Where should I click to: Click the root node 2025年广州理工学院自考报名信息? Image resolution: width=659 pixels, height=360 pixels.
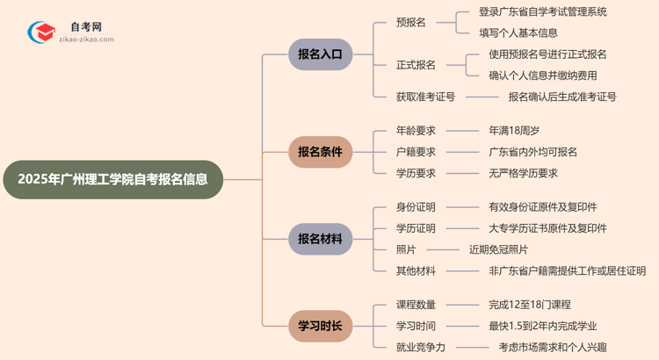(112, 180)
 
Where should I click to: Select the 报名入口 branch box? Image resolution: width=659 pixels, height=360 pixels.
(321, 54)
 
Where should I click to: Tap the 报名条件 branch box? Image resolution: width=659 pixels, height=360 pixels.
(321, 151)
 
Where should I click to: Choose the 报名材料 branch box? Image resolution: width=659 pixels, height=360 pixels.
(321, 239)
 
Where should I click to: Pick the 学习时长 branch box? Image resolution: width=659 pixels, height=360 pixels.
(321, 327)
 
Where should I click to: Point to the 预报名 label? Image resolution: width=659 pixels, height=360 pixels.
(411, 23)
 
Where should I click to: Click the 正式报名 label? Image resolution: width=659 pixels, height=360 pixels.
(416, 65)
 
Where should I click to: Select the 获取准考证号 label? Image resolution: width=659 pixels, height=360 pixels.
(426, 97)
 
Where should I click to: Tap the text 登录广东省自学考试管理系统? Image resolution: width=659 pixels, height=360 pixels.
(543, 12)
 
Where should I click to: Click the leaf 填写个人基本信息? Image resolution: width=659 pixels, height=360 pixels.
(518, 33)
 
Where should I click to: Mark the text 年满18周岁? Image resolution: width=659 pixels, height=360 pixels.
(515, 131)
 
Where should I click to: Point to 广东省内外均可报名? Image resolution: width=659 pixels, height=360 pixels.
(533, 152)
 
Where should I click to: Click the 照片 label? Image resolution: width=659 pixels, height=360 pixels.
(406, 249)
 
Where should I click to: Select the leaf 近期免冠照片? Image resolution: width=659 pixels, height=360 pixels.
(498, 249)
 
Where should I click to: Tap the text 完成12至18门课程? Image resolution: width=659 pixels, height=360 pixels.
(530, 305)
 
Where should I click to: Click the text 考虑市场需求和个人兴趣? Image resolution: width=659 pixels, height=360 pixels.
(552, 347)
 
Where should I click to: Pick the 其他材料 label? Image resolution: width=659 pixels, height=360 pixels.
(416, 270)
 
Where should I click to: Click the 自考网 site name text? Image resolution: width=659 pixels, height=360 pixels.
(85, 27)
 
